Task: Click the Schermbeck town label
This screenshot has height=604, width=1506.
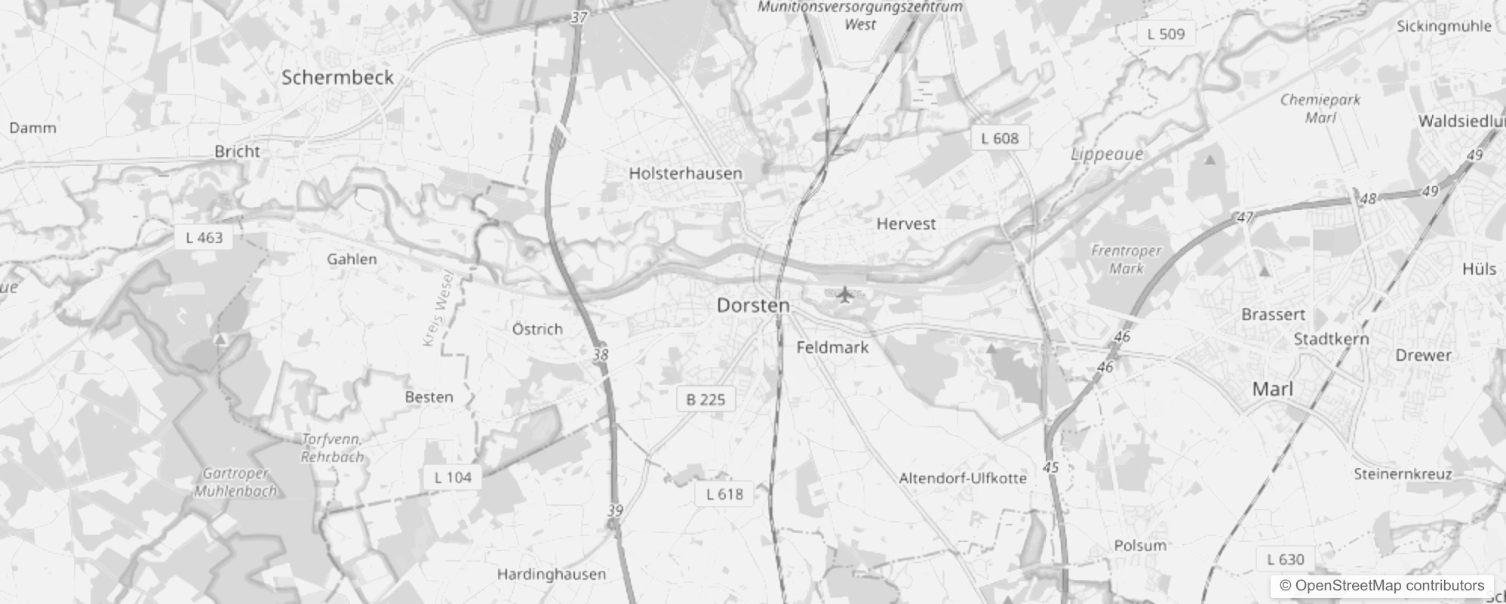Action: [x=337, y=77]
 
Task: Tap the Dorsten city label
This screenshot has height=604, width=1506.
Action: [x=753, y=305]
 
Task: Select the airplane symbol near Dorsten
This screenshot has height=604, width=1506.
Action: [x=844, y=293]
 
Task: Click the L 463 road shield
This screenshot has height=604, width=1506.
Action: [x=204, y=238]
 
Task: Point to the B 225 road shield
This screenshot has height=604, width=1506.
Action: [x=705, y=399]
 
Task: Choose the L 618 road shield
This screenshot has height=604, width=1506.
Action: [x=724, y=495]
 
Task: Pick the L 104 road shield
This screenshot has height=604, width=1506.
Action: [x=453, y=477]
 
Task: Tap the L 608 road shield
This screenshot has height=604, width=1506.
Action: [x=1000, y=138]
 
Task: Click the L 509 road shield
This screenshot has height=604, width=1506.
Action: [x=1166, y=34]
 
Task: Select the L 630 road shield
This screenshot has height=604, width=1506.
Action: [x=1286, y=559]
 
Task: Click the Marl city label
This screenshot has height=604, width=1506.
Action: [x=1272, y=390]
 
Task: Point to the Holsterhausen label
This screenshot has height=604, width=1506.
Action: [x=685, y=173]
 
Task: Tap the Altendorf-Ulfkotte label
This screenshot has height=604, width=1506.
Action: [x=963, y=478]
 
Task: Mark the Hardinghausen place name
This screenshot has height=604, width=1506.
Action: [x=551, y=575]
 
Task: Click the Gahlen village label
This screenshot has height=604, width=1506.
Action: [x=352, y=259]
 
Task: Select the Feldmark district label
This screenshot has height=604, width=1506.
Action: [x=832, y=347]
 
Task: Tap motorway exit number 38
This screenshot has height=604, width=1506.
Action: [x=601, y=354]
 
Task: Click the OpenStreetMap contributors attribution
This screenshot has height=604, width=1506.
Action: [x=1382, y=586]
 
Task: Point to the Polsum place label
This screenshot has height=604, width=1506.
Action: [x=1140, y=545]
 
